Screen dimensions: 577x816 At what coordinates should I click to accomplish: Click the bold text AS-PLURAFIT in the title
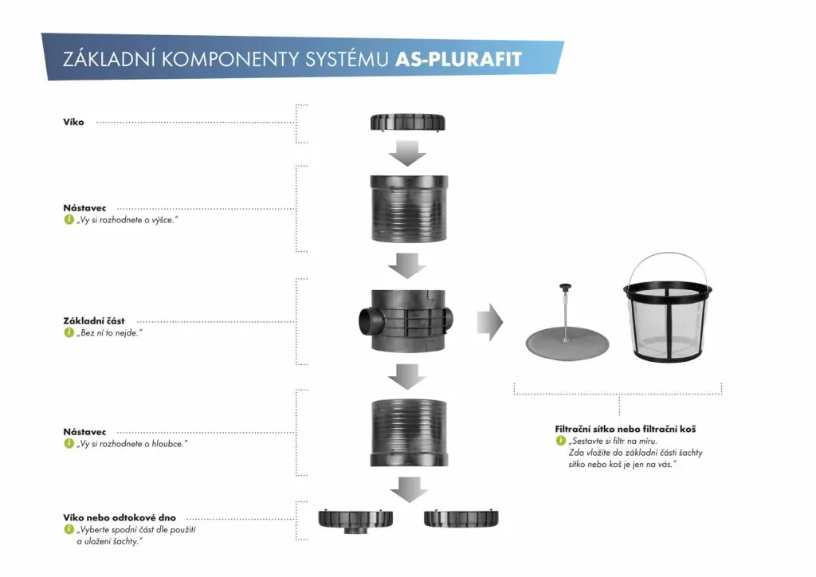(x=461, y=60)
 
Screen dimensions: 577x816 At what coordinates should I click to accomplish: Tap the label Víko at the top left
(x=73, y=122)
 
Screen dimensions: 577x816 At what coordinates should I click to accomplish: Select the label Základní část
(x=94, y=320)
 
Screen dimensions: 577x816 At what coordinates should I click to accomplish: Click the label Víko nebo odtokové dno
(x=120, y=517)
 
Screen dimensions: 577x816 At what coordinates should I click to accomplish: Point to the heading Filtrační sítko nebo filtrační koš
(x=626, y=429)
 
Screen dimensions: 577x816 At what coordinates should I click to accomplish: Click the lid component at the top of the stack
(x=407, y=123)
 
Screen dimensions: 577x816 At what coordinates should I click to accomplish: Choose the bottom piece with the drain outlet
(x=357, y=520)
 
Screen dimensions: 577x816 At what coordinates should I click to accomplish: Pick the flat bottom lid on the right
(x=461, y=519)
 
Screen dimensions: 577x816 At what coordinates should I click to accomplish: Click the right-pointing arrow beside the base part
(x=489, y=322)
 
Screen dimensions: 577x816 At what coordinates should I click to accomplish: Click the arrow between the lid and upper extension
(x=410, y=152)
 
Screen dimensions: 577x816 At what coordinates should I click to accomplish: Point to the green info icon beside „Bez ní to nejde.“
(x=69, y=332)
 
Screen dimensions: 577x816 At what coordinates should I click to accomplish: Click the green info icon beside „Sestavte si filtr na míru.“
(x=560, y=441)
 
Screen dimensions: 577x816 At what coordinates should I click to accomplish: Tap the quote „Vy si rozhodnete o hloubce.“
(x=131, y=444)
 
